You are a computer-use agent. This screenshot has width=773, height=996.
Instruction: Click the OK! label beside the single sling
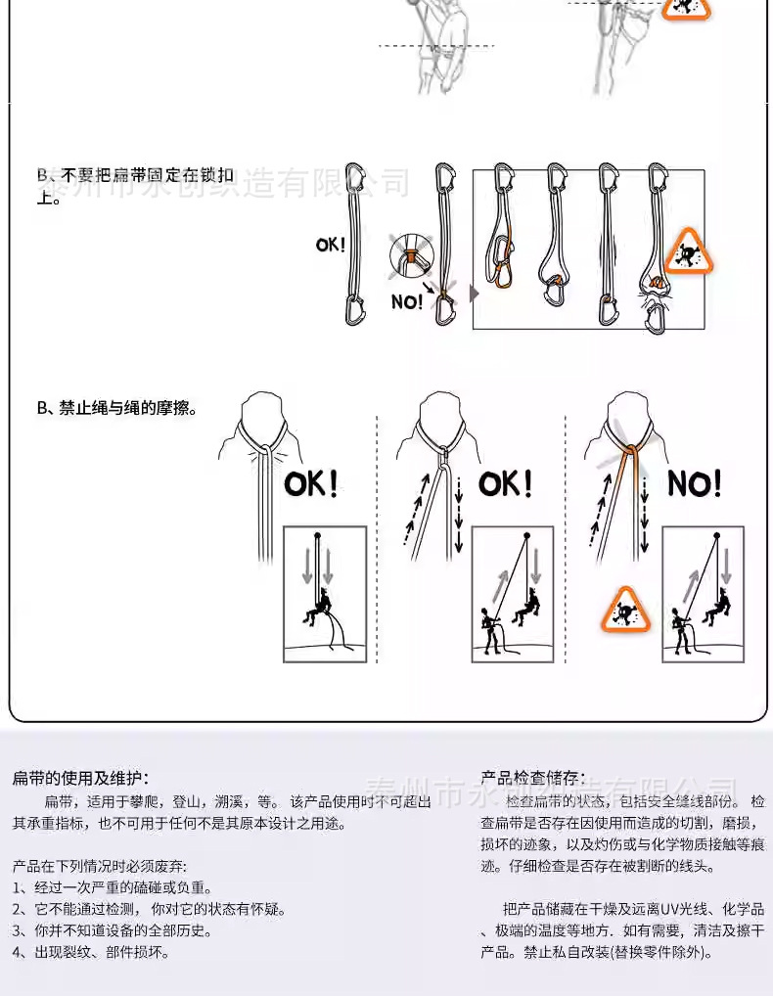tap(331, 245)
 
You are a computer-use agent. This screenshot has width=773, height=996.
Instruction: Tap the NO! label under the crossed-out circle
tap(407, 302)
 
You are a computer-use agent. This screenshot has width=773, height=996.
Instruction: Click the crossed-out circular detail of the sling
tap(411, 256)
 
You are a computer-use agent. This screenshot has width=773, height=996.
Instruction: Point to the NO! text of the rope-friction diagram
tap(695, 483)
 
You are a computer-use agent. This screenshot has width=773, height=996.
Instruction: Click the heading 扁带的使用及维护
tap(80, 778)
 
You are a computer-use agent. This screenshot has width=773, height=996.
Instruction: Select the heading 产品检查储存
tap(532, 778)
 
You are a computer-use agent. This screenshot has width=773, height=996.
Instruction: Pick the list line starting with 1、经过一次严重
tap(112, 887)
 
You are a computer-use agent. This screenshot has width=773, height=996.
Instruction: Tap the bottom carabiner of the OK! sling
tap(354, 309)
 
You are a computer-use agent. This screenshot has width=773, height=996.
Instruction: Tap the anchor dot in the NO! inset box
tap(717, 535)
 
